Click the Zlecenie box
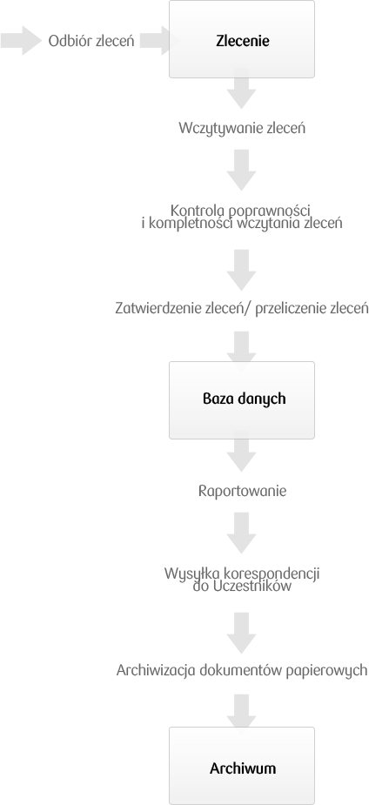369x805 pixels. click(242, 39)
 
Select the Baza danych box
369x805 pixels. click(242, 400)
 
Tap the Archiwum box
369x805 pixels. click(242, 766)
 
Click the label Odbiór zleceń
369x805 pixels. click(91, 41)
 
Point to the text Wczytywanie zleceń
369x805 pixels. click(242, 128)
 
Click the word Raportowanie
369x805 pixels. click(242, 492)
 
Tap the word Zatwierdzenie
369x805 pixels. click(158, 309)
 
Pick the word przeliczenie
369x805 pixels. click(291, 309)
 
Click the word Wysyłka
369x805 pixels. click(186, 574)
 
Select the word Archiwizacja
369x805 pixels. click(156, 670)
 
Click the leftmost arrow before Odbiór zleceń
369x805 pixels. click(21, 41)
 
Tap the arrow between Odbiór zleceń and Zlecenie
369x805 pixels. click(159, 41)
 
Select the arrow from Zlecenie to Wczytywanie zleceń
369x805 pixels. click(242, 93)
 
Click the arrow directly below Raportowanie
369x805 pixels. click(242, 533)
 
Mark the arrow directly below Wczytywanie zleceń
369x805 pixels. click(242, 170)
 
